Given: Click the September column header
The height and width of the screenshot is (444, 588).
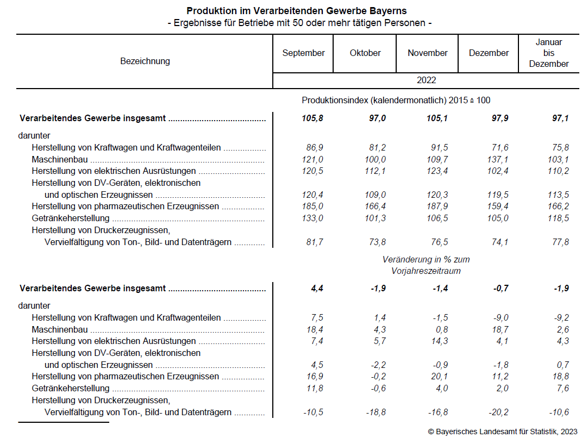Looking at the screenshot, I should [x=303, y=53].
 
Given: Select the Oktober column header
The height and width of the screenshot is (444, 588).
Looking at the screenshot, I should [x=365, y=53].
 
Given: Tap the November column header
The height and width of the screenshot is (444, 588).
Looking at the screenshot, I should [x=428, y=53].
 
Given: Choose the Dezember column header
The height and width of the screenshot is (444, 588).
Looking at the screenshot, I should [x=489, y=53].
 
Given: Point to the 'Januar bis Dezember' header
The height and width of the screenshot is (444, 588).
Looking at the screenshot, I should [x=549, y=53].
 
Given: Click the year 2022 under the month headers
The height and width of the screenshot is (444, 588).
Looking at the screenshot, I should [x=427, y=80].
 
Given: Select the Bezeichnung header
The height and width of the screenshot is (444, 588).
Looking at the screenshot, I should [x=145, y=61].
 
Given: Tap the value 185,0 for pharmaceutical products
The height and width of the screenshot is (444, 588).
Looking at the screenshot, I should [x=312, y=207].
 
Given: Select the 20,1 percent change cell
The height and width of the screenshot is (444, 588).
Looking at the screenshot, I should [x=437, y=377].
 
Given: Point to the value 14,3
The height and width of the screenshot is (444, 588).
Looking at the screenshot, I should [x=437, y=341].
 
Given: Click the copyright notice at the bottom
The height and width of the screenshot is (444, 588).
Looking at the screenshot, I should [x=502, y=432].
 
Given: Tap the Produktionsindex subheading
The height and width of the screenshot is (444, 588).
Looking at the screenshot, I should [x=396, y=101].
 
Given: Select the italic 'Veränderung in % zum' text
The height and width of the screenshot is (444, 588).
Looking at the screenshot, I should [x=426, y=260].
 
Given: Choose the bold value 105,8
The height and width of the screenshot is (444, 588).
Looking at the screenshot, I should [x=312, y=118].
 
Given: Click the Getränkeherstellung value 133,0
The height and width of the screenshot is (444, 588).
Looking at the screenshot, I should [x=312, y=218].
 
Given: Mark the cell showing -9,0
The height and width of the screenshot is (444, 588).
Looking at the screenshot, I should [x=499, y=318].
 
